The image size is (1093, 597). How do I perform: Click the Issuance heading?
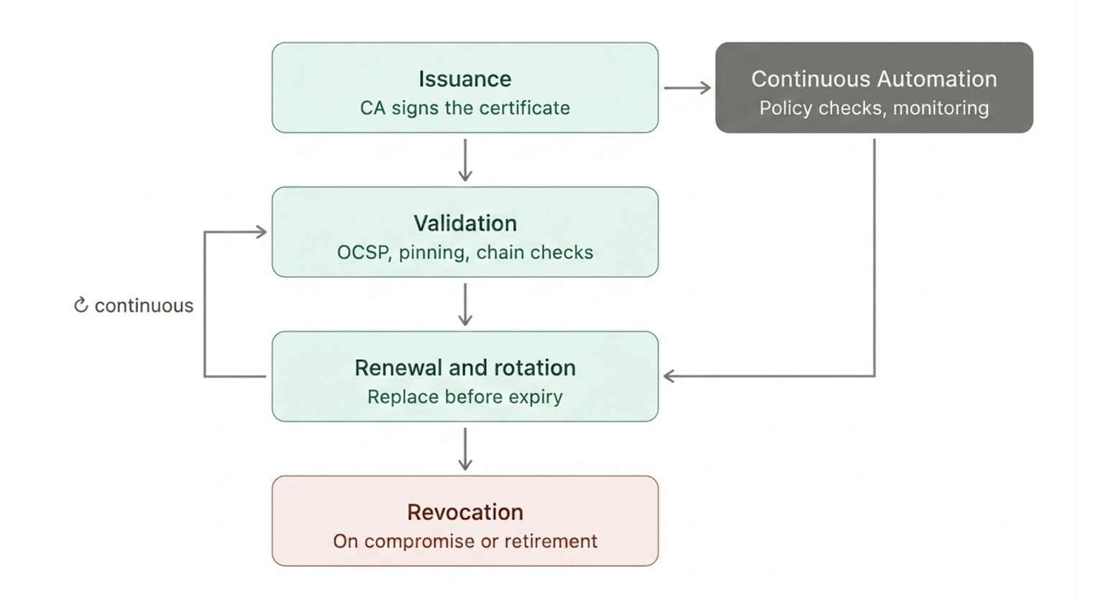[x=465, y=79]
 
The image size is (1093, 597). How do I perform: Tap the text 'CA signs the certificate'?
[x=465, y=109]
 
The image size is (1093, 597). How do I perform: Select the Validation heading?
[x=465, y=224]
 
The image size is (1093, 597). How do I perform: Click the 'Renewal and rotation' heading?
[x=465, y=368]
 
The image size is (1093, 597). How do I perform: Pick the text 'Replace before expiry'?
[x=465, y=397]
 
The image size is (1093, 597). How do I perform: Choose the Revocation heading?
[x=465, y=513]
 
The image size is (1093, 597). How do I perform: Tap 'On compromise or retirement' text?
[x=465, y=542]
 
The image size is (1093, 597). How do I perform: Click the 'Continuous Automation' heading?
[x=874, y=79]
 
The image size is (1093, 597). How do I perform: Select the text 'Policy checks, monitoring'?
[x=874, y=109]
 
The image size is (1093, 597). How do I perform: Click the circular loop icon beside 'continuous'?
[x=81, y=306]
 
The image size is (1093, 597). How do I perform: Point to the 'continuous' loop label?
[x=144, y=306]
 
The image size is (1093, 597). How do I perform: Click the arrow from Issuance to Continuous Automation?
[x=687, y=88]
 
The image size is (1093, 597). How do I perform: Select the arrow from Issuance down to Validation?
[x=465, y=160]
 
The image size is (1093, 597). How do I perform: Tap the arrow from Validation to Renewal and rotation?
[x=465, y=304]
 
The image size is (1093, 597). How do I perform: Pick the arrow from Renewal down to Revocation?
[x=465, y=449]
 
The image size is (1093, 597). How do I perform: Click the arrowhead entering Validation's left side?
[x=262, y=232]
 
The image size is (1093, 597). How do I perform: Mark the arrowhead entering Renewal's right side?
[x=669, y=376]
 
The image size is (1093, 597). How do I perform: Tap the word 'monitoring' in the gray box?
[x=941, y=109]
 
